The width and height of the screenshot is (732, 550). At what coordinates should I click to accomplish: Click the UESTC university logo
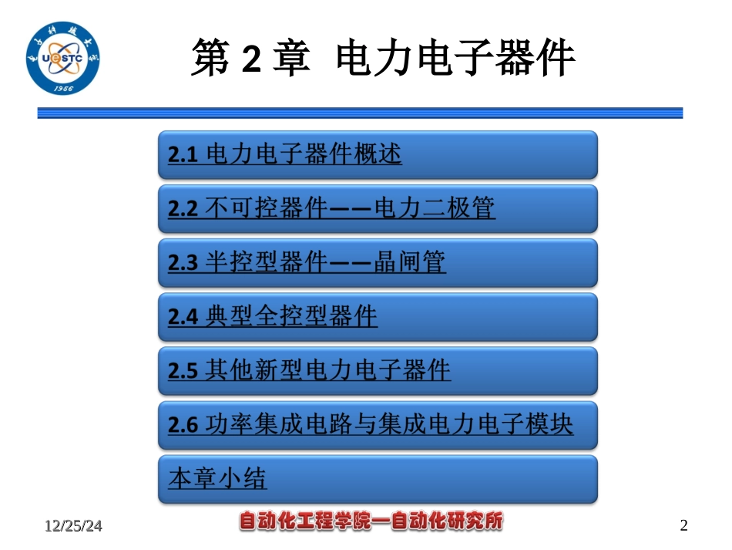(62, 58)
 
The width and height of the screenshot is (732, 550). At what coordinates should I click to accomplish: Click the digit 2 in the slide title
(251, 59)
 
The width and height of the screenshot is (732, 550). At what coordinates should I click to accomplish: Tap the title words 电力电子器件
(455, 58)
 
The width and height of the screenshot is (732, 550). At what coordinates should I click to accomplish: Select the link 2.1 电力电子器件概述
(285, 154)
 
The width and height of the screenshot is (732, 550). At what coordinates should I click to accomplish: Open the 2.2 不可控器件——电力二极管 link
(331, 208)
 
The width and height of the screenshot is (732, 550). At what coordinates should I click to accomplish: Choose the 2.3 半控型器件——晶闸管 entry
(307, 262)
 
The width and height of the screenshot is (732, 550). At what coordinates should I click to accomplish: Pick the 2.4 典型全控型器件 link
(273, 316)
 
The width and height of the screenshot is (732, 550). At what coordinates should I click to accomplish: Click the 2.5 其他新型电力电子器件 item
(309, 370)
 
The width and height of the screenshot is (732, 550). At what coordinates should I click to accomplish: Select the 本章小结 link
(217, 478)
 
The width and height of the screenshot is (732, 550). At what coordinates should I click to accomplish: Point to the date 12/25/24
(73, 525)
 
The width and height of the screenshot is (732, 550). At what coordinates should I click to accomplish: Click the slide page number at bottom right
(683, 525)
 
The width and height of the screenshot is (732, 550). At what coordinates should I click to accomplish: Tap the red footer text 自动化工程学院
(305, 521)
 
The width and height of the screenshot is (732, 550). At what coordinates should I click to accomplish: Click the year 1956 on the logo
(63, 88)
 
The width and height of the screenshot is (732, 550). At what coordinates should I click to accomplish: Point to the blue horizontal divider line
(360, 113)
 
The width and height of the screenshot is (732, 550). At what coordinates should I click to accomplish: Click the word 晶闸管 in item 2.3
(410, 262)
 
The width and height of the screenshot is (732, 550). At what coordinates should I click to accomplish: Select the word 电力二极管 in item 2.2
(435, 208)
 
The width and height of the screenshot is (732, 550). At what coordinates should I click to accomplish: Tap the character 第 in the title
(210, 58)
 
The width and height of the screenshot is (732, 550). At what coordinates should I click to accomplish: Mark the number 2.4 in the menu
(183, 317)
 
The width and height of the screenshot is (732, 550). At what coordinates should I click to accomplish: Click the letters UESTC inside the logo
(62, 59)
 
